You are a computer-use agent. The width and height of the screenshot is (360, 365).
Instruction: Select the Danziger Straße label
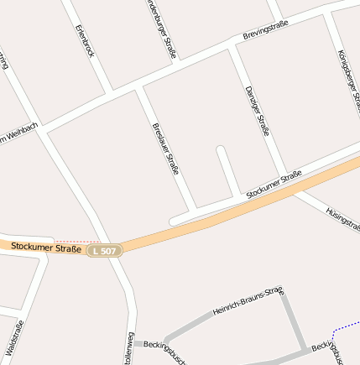tap(256, 110)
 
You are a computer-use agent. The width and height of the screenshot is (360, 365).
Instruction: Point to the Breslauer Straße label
tap(164, 149)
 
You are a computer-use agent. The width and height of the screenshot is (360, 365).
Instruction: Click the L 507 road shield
tap(106, 251)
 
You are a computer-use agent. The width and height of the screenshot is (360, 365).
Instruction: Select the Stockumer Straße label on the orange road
tap(46, 248)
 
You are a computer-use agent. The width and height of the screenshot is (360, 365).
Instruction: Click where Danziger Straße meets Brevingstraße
tap(232, 45)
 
